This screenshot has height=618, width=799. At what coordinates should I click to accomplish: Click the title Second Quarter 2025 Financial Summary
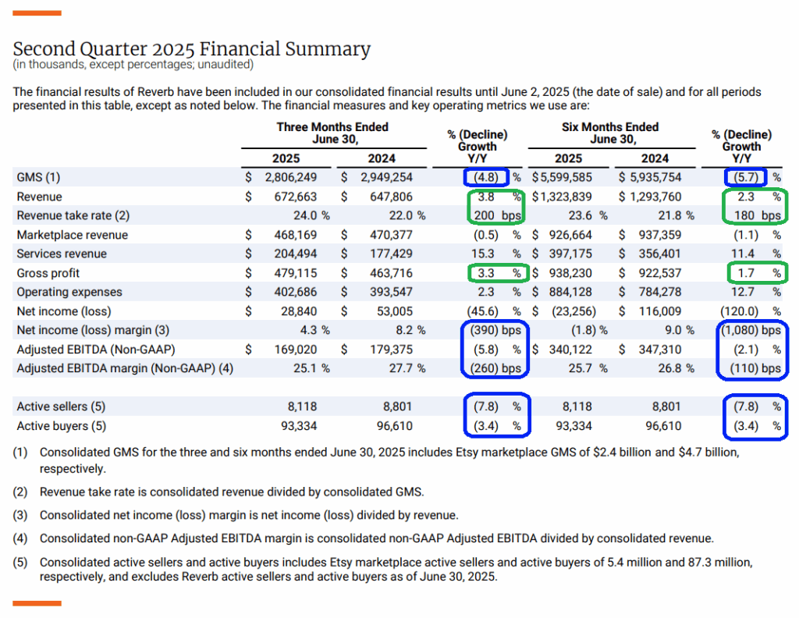191,50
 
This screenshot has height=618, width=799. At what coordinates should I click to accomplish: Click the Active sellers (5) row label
61,407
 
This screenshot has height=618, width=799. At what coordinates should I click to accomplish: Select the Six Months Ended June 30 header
610,133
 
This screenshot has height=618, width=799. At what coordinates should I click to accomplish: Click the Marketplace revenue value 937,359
655,235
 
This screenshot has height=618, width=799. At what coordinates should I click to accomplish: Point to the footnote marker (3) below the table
21,515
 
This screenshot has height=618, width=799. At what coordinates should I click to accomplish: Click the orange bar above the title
37,12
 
